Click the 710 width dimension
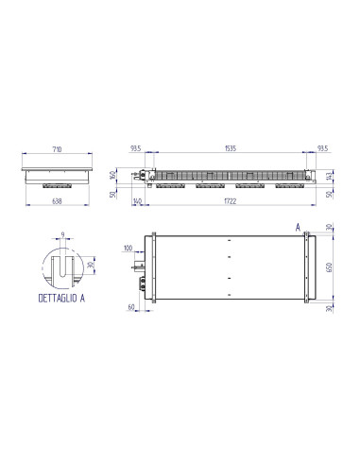[x=58, y=150]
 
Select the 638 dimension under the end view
[x=58, y=199]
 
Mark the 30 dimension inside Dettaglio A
[x=91, y=265]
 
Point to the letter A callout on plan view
[x=299, y=227]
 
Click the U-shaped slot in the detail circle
[x=62, y=267]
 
